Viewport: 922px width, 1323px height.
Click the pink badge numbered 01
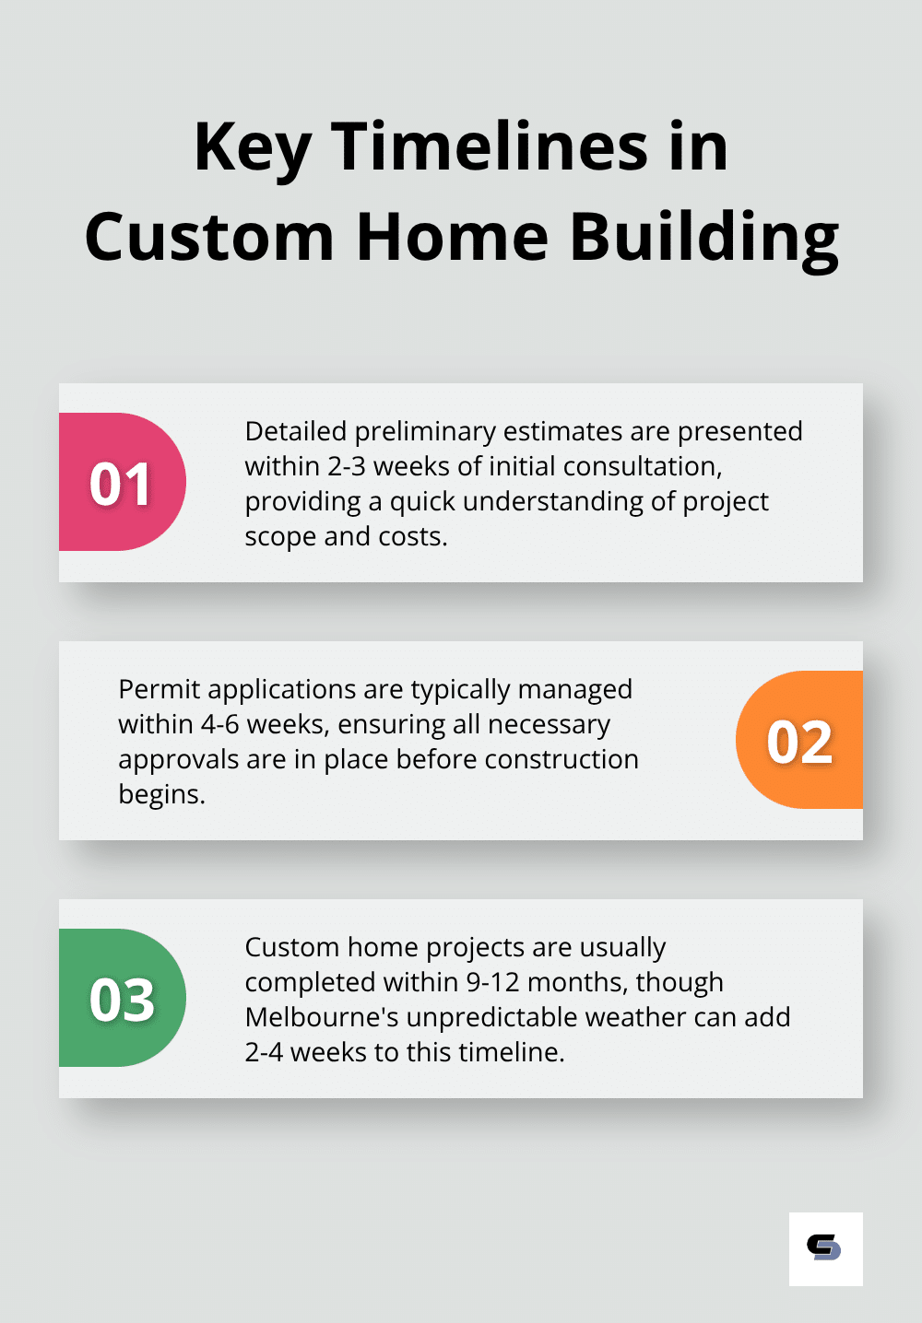123,482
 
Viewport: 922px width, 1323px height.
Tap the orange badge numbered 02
799,740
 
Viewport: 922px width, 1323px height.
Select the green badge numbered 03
123,998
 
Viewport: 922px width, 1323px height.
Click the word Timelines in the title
490,146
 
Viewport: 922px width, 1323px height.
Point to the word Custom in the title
209,237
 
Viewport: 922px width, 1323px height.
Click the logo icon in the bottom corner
826,1249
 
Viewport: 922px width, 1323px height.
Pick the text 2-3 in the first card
348,466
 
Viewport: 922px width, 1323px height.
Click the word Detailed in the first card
296,431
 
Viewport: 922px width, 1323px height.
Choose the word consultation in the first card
643,466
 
